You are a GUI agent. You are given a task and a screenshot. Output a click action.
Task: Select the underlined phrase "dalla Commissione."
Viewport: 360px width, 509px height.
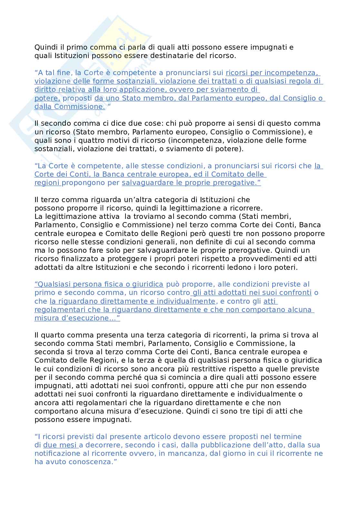[x=70, y=106]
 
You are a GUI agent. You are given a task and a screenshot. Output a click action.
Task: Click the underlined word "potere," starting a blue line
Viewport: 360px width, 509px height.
[x=47, y=98]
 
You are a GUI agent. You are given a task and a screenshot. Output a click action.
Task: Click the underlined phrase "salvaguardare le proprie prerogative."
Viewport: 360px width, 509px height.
[x=191, y=183]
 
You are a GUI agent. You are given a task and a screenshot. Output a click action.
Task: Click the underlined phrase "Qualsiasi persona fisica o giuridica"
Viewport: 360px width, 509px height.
[x=99, y=284]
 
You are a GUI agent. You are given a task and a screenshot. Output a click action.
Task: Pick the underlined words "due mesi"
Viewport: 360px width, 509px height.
[x=61, y=445]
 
